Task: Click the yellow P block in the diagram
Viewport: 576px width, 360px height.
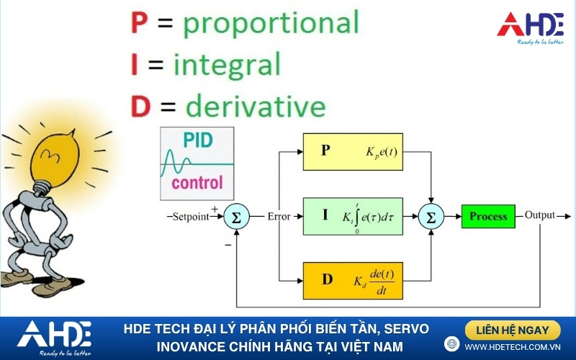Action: tap(353, 152)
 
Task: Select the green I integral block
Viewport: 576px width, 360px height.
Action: tap(353, 217)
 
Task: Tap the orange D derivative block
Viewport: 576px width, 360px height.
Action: tap(353, 281)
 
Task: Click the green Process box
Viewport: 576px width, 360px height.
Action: tap(488, 217)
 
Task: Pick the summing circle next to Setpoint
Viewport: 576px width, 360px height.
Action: tap(237, 217)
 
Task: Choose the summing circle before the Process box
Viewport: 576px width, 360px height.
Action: tap(431, 217)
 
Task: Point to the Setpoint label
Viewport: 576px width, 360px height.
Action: tap(191, 217)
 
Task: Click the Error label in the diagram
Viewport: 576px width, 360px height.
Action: tap(279, 217)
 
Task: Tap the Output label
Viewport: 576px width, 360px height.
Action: tap(539, 215)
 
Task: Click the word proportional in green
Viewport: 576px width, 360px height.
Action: tap(271, 23)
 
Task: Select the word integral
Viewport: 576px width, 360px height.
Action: tap(227, 65)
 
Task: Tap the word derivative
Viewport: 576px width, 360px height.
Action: tap(256, 106)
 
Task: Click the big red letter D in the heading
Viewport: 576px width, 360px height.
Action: tap(140, 107)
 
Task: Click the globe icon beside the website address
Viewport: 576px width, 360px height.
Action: tap(451, 344)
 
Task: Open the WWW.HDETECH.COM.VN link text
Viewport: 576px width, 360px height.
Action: tap(513, 347)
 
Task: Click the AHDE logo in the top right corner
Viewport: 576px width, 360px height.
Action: tap(531, 28)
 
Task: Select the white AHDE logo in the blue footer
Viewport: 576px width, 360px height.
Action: tap(55, 338)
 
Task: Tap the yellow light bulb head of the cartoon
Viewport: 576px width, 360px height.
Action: tap(55, 158)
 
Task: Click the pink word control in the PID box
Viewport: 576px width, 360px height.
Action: tap(197, 183)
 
